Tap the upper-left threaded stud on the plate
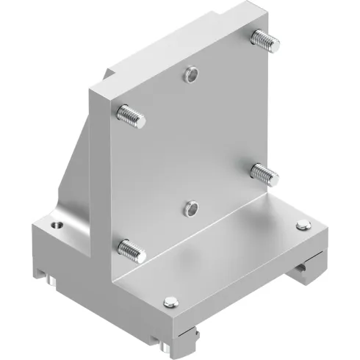pos(130,115)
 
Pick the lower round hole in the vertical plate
pos(191,209)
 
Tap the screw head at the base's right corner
pos(301,226)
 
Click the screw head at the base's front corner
pos(170,300)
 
